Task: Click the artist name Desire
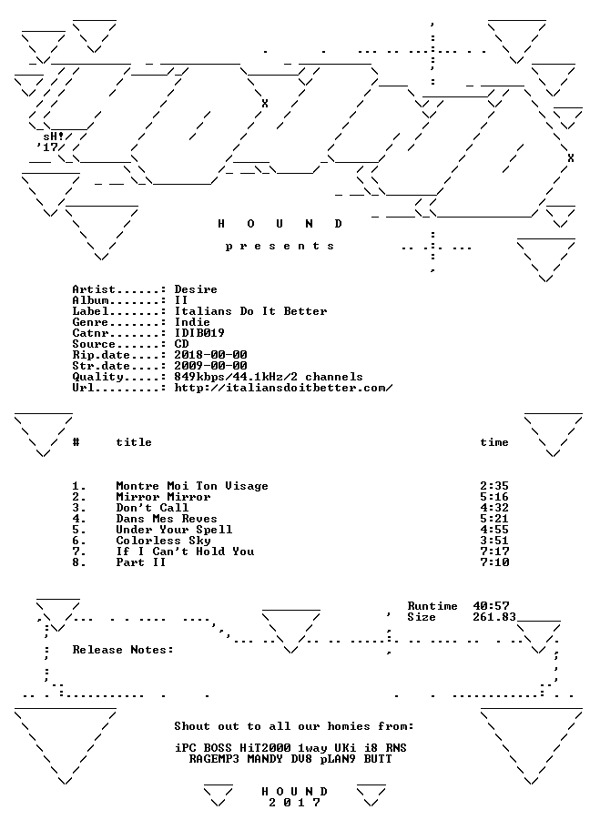pos(196,289)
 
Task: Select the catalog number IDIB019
pos(199,333)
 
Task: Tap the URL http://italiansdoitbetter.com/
pos(283,388)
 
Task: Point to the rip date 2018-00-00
pos(211,355)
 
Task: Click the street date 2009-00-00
pos(211,366)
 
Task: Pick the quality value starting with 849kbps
pos(269,377)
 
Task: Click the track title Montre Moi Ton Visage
pos(192,486)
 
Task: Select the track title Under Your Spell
pos(174,530)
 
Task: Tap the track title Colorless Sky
pos(163,541)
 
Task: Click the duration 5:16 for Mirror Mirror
pos(494,497)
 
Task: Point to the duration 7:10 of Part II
pos(494,562)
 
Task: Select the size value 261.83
pos(494,617)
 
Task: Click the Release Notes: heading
pos(123,650)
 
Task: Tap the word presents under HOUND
pos(280,246)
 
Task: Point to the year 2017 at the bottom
pos(294,803)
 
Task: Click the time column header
pos(494,442)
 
